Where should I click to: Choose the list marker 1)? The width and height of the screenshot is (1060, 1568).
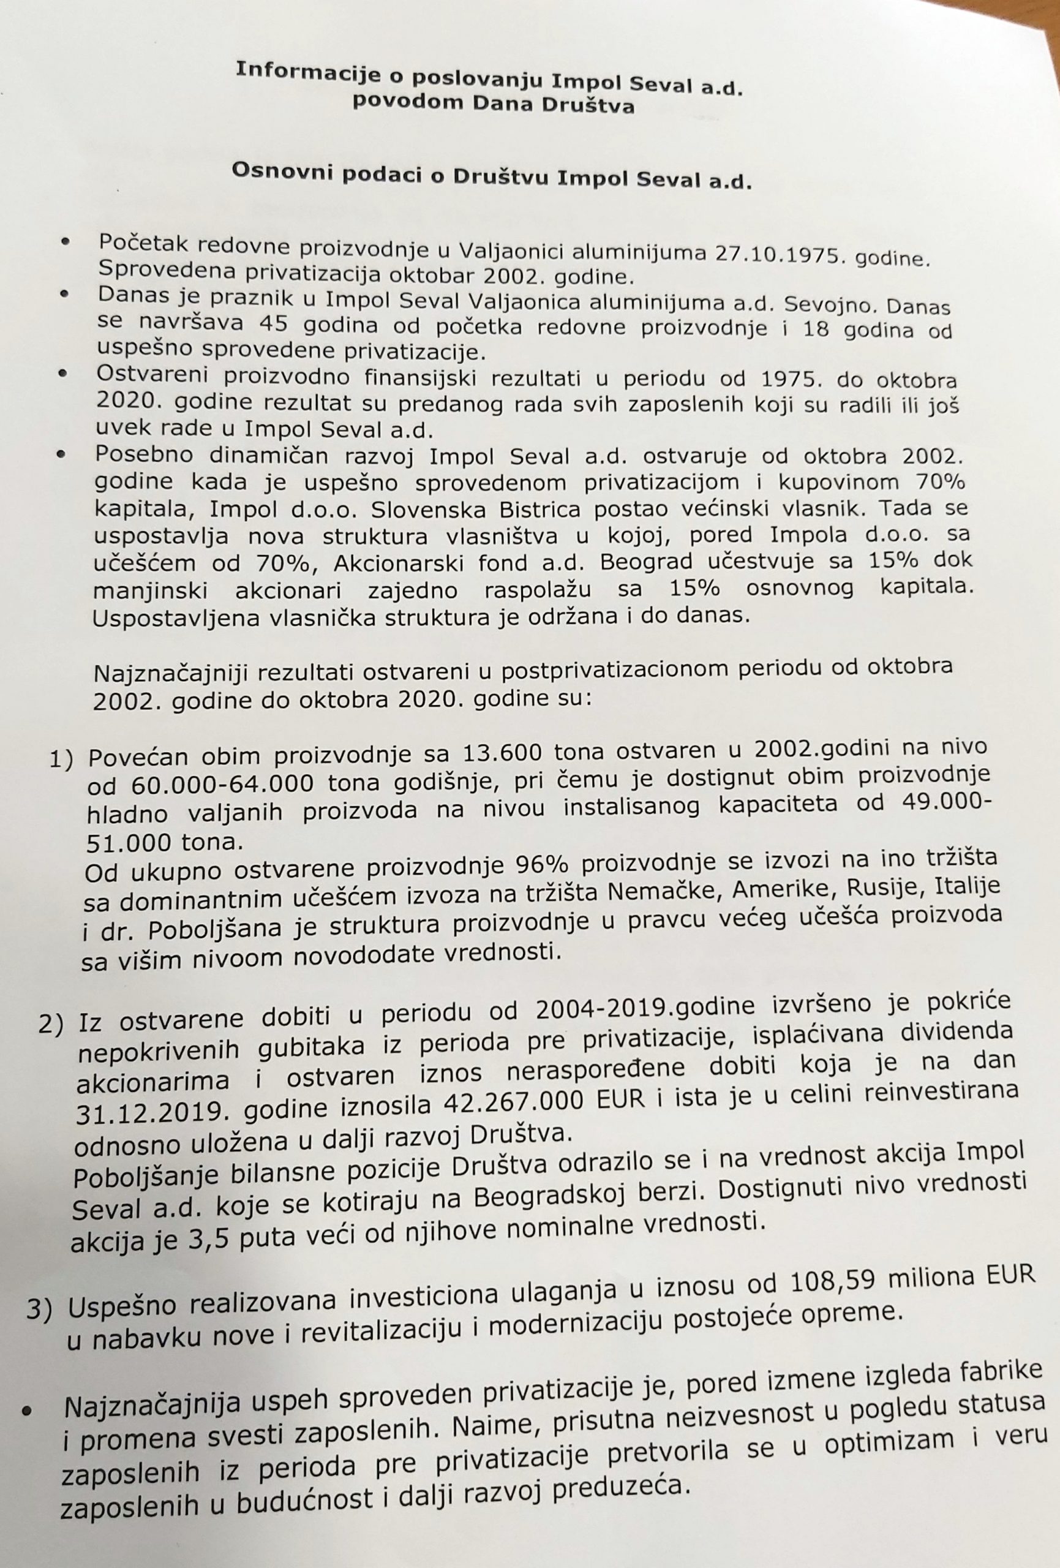click(62, 761)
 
